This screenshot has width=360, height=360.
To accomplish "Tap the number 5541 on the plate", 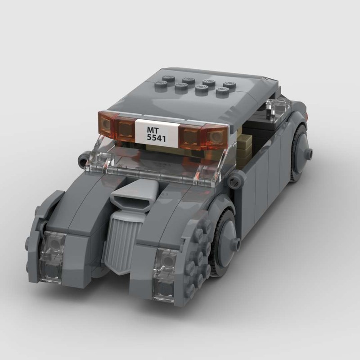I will coord(157,139).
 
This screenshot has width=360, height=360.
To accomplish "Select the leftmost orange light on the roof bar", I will coord(107,123).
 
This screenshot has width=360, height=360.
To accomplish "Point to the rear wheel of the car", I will coord(299,153).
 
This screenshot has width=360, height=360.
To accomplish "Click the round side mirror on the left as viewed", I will coord(83,159).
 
